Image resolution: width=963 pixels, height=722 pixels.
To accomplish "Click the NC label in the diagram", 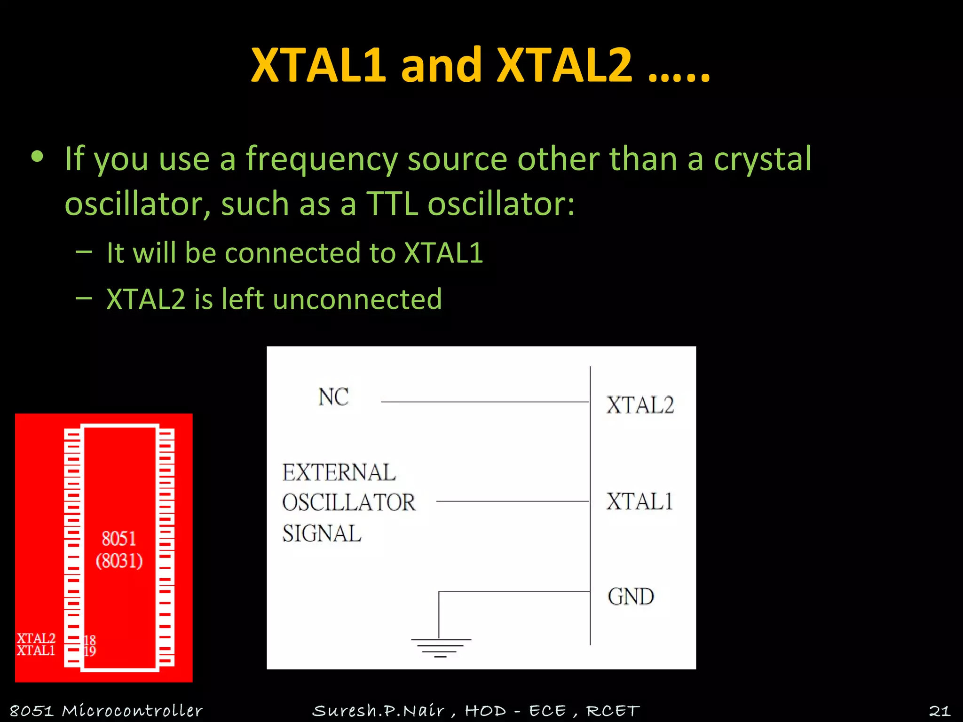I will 333,397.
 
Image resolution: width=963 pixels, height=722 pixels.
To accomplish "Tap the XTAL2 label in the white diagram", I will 640,405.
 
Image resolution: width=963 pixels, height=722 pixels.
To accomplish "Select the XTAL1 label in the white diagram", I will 639,502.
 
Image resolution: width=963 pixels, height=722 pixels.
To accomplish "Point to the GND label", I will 631,597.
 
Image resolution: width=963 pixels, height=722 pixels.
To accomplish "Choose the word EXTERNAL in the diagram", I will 339,473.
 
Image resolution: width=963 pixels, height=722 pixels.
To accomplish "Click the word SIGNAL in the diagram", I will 322,534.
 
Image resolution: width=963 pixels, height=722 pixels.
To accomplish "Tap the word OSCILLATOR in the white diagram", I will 349,503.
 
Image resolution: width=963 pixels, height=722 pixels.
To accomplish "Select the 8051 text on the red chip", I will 119,539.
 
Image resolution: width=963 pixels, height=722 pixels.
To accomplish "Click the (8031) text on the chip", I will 119,561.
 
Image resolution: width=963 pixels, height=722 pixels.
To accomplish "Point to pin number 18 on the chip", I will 90,640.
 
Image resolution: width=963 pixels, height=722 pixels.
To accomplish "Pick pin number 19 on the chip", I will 90,651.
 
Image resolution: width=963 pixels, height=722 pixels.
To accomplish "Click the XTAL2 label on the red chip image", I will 36,638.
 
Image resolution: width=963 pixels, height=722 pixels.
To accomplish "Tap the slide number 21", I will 939,711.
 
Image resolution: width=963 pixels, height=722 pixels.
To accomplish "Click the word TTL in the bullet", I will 391,204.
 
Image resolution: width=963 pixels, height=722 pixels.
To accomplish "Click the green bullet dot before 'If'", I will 37,157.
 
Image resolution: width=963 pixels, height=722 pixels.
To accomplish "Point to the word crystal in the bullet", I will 762,159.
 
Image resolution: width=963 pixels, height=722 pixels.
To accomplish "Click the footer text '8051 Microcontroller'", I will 106,711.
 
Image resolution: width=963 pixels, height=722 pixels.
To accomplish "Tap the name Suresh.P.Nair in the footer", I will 379,711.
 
